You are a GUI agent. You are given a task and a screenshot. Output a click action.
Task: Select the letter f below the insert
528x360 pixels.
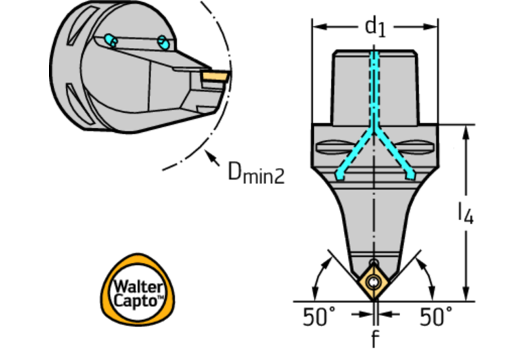click(x=375, y=339)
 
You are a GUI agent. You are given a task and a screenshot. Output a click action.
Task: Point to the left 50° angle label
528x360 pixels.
click(x=320, y=317)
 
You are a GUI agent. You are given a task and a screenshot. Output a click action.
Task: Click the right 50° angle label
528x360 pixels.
click(x=436, y=317)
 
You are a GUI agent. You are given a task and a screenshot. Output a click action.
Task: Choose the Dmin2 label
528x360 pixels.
click(x=255, y=171)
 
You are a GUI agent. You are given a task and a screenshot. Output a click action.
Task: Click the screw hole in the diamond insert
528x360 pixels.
click(x=374, y=284)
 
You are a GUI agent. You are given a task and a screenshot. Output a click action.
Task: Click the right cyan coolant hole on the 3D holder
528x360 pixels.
click(x=163, y=43)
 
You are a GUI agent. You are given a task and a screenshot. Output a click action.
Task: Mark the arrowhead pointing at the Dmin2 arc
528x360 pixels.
click(x=210, y=155)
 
